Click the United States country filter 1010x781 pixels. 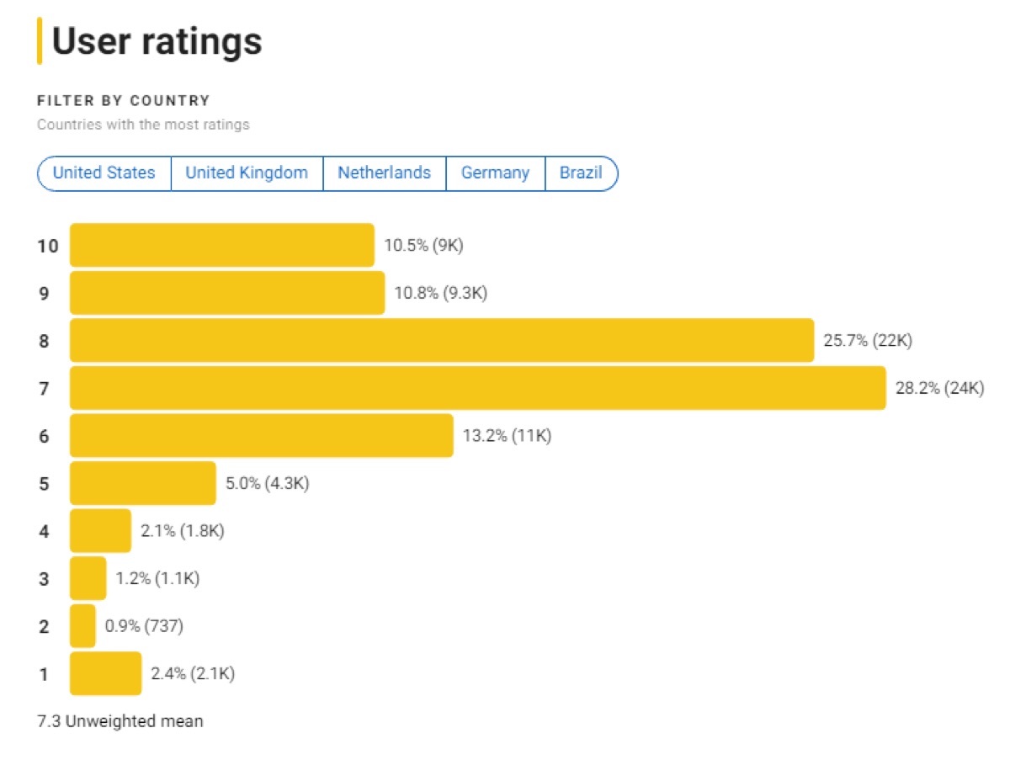tap(104, 173)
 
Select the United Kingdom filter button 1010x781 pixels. tap(247, 173)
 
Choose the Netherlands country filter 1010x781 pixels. tap(384, 173)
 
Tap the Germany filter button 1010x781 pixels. tap(495, 173)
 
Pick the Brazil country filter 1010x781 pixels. tap(581, 173)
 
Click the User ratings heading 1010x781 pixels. tap(157, 41)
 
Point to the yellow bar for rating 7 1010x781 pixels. tap(477, 388)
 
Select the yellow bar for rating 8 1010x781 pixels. tap(441, 341)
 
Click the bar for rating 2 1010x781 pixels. tap(82, 626)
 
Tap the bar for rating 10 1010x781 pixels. tap(221, 246)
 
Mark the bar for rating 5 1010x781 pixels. tap(142, 484)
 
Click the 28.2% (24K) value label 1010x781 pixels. tap(938, 389)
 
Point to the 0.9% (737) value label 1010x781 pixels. tap(144, 626)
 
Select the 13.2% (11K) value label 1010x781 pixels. tap(507, 436)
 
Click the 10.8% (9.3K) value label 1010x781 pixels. tap(440, 294)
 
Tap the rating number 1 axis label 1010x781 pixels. tap(44, 674)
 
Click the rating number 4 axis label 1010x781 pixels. tap(44, 531)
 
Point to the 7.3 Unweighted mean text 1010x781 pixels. tap(120, 721)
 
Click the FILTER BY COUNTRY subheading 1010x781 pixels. tap(123, 101)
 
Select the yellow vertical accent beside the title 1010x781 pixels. tap(40, 41)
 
